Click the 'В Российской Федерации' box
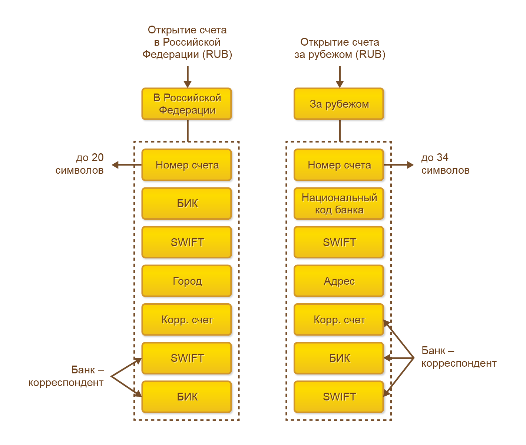point(187,104)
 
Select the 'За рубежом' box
point(339,104)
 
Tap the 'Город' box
point(187,281)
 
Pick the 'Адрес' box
point(339,281)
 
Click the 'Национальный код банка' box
point(339,203)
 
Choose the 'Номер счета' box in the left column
point(187,165)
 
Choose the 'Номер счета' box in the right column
point(339,165)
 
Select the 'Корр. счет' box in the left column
point(187,320)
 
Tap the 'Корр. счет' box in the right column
point(339,320)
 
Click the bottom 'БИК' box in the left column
point(187,397)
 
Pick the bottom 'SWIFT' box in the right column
point(339,397)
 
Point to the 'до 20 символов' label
point(80,164)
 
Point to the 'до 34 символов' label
point(445,164)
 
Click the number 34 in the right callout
point(442,158)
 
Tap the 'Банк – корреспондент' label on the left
point(66,376)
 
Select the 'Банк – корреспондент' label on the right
point(459,357)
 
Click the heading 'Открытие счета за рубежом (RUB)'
point(340,48)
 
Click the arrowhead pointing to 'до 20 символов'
point(115,165)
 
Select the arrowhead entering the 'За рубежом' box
point(340,84)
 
